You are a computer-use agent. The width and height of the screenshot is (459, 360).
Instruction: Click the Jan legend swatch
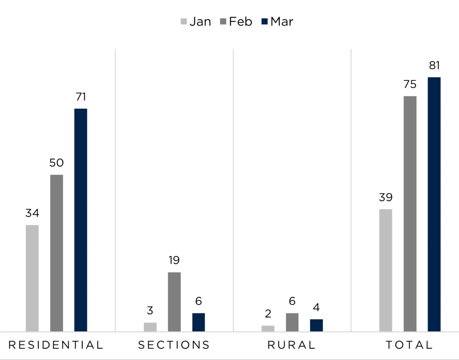pos(184,22)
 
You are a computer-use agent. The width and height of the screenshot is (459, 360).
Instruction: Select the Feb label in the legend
pos(241,22)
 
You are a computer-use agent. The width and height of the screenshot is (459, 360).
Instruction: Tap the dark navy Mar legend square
pos(264,22)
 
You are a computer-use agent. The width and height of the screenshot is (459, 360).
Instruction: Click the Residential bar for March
pos(81,220)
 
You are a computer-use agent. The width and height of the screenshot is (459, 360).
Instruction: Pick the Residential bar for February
pos(57,253)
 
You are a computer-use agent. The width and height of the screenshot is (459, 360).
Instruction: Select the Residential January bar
pos(32,278)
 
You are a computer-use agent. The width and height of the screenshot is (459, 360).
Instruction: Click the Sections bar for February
pos(174,302)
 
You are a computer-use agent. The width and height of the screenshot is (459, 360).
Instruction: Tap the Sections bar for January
pos(150,327)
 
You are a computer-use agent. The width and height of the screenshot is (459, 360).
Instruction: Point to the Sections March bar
pos(199,323)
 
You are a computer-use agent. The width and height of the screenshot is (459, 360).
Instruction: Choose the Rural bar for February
pos(292,323)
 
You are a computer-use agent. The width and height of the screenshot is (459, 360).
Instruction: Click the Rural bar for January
pos(268,329)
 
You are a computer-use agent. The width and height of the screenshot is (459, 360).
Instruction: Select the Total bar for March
pos(434,204)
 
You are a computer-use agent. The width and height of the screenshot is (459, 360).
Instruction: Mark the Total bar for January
pos(386,270)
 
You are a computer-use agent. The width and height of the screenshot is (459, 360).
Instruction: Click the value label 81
pos(434,65)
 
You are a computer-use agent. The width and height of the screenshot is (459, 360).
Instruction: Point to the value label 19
pos(174,260)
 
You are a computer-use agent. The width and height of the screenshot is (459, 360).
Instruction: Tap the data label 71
pos(81,97)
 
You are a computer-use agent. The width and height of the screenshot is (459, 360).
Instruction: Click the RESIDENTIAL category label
pos(56,345)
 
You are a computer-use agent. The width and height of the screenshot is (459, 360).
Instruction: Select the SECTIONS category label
pos(174,345)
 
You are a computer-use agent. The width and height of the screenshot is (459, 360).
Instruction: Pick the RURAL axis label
pos(292,345)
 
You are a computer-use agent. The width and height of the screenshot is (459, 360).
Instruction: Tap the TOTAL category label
pos(409,345)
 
